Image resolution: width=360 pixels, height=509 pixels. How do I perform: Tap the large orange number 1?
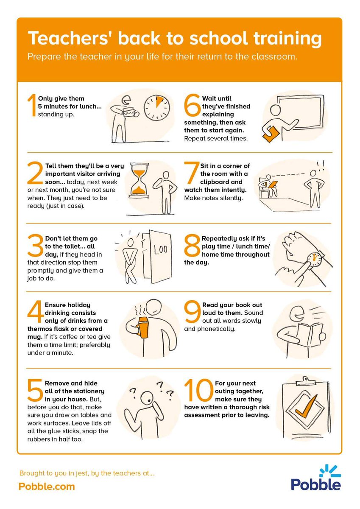[x=32, y=105]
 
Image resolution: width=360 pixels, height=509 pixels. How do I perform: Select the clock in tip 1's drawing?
[x=157, y=107]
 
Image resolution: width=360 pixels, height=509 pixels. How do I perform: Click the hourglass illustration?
[x=138, y=181]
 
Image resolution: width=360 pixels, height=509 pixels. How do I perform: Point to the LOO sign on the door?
[x=160, y=249]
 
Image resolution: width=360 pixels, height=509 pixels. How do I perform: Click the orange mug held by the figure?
[x=143, y=327]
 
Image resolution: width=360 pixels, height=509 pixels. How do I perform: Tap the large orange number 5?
[x=35, y=390]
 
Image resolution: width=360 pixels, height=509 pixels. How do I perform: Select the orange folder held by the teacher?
[x=271, y=134]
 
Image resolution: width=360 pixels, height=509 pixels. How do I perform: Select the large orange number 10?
[x=198, y=390]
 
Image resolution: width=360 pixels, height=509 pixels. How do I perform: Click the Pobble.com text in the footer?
[x=47, y=487]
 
